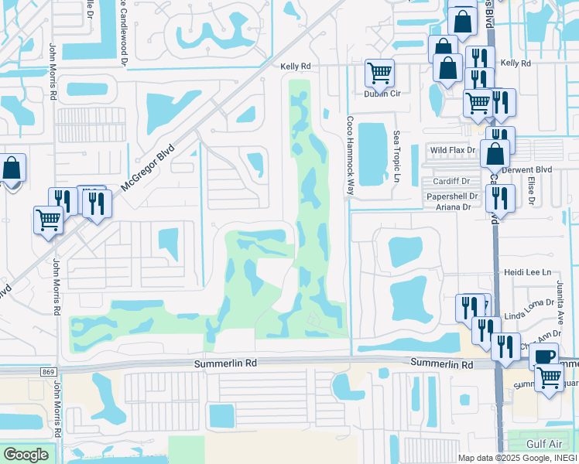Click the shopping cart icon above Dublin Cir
point(379,73)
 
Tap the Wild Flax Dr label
point(453,150)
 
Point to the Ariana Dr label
point(454,207)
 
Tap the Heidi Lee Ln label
point(527,272)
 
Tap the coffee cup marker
point(544,357)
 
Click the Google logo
point(26,454)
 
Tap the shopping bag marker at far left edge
point(12,167)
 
